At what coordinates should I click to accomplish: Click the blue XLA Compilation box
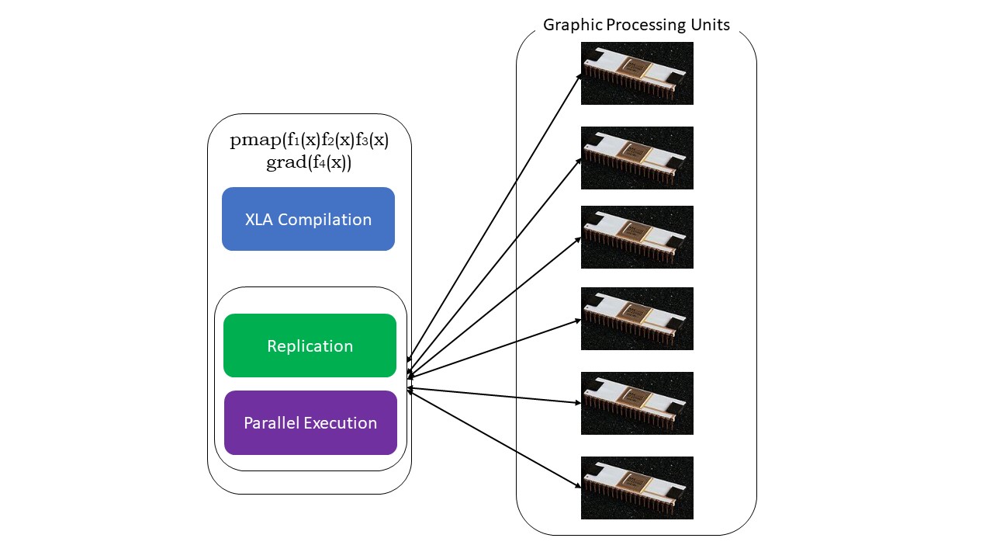[x=308, y=219]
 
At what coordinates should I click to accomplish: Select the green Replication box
[x=310, y=345]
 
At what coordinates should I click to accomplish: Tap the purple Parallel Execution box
[x=310, y=423]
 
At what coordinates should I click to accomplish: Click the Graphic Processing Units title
[x=636, y=25]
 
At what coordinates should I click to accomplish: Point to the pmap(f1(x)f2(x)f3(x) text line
[x=310, y=141]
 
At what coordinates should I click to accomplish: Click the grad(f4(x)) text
[x=310, y=163]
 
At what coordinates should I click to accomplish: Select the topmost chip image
[x=637, y=73]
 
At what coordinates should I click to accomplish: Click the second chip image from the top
[x=637, y=158]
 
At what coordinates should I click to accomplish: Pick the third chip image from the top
[x=637, y=237]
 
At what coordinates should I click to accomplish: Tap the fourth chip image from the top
[x=637, y=318]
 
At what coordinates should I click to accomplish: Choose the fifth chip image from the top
[x=637, y=403]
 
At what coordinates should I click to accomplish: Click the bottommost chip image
[x=637, y=488]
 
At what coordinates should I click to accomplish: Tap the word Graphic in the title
[x=570, y=25]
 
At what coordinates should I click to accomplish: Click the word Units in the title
[x=710, y=25]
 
